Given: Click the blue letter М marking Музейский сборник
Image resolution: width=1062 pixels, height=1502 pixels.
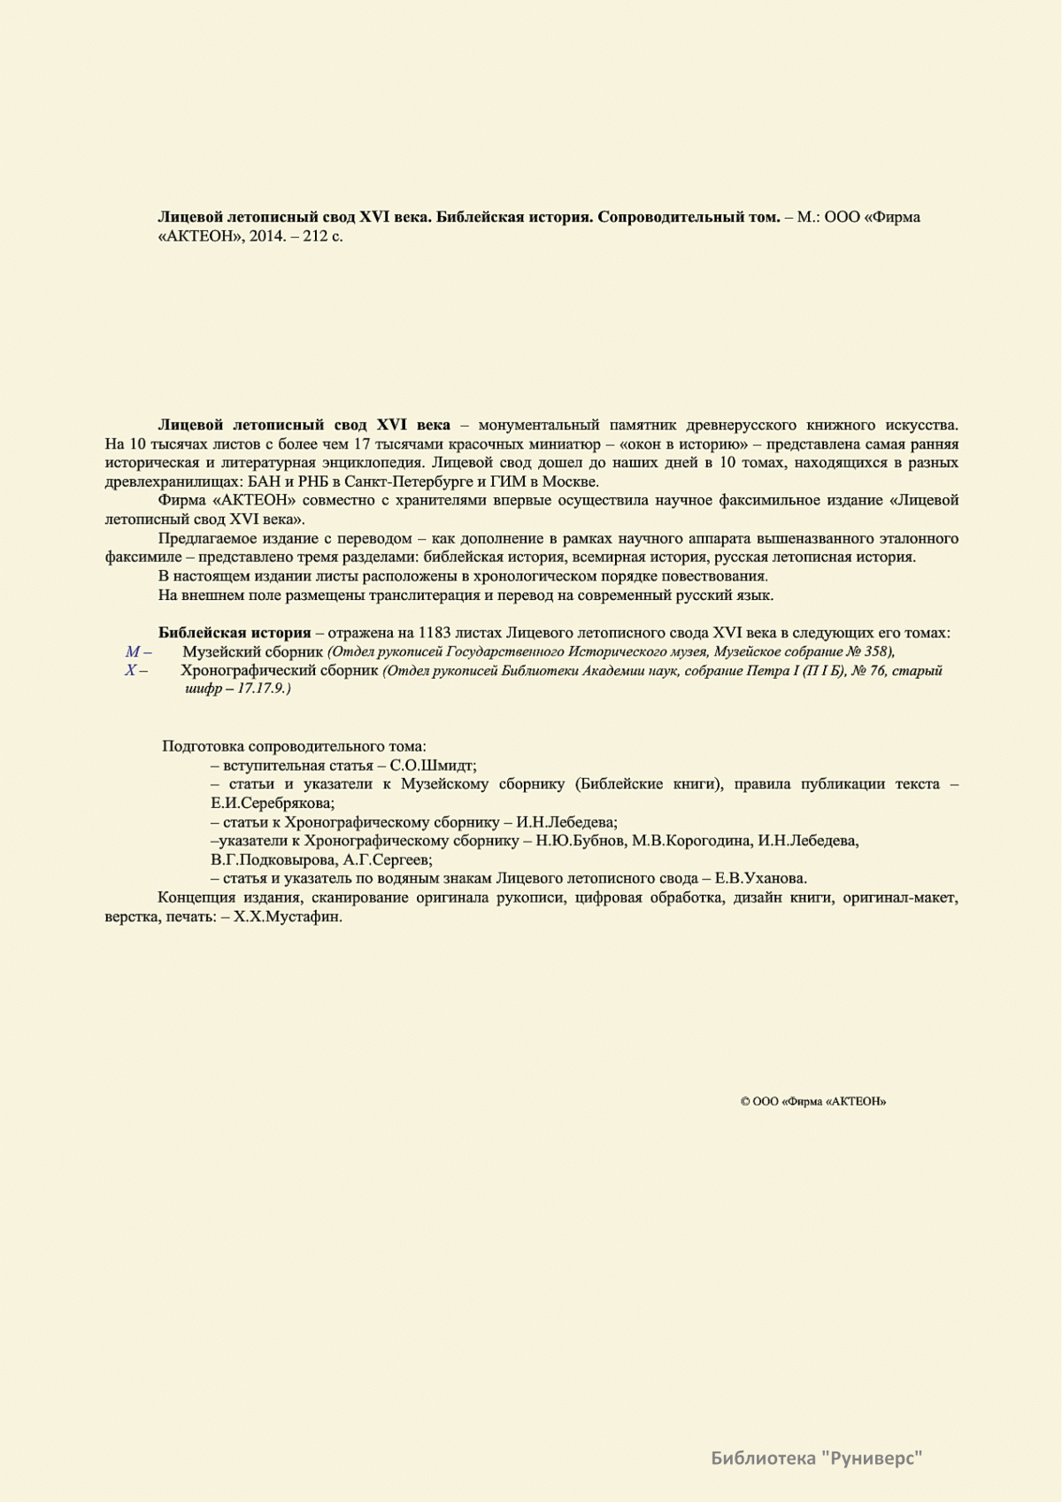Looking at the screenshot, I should (x=133, y=652).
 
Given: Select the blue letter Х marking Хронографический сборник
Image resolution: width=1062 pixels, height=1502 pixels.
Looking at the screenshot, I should (x=131, y=671).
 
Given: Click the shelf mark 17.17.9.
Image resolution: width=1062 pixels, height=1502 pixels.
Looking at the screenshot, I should (x=263, y=689).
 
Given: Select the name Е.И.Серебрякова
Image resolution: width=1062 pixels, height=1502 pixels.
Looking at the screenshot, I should (x=272, y=804).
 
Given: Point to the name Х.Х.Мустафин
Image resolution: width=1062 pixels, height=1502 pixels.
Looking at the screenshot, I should (x=287, y=917).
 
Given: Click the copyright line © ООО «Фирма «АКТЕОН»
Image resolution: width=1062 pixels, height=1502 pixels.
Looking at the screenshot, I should (x=813, y=1102).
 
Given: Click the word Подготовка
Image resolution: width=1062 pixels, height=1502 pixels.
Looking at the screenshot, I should (x=204, y=747).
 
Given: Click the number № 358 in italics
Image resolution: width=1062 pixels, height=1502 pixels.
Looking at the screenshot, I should (x=867, y=652).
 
